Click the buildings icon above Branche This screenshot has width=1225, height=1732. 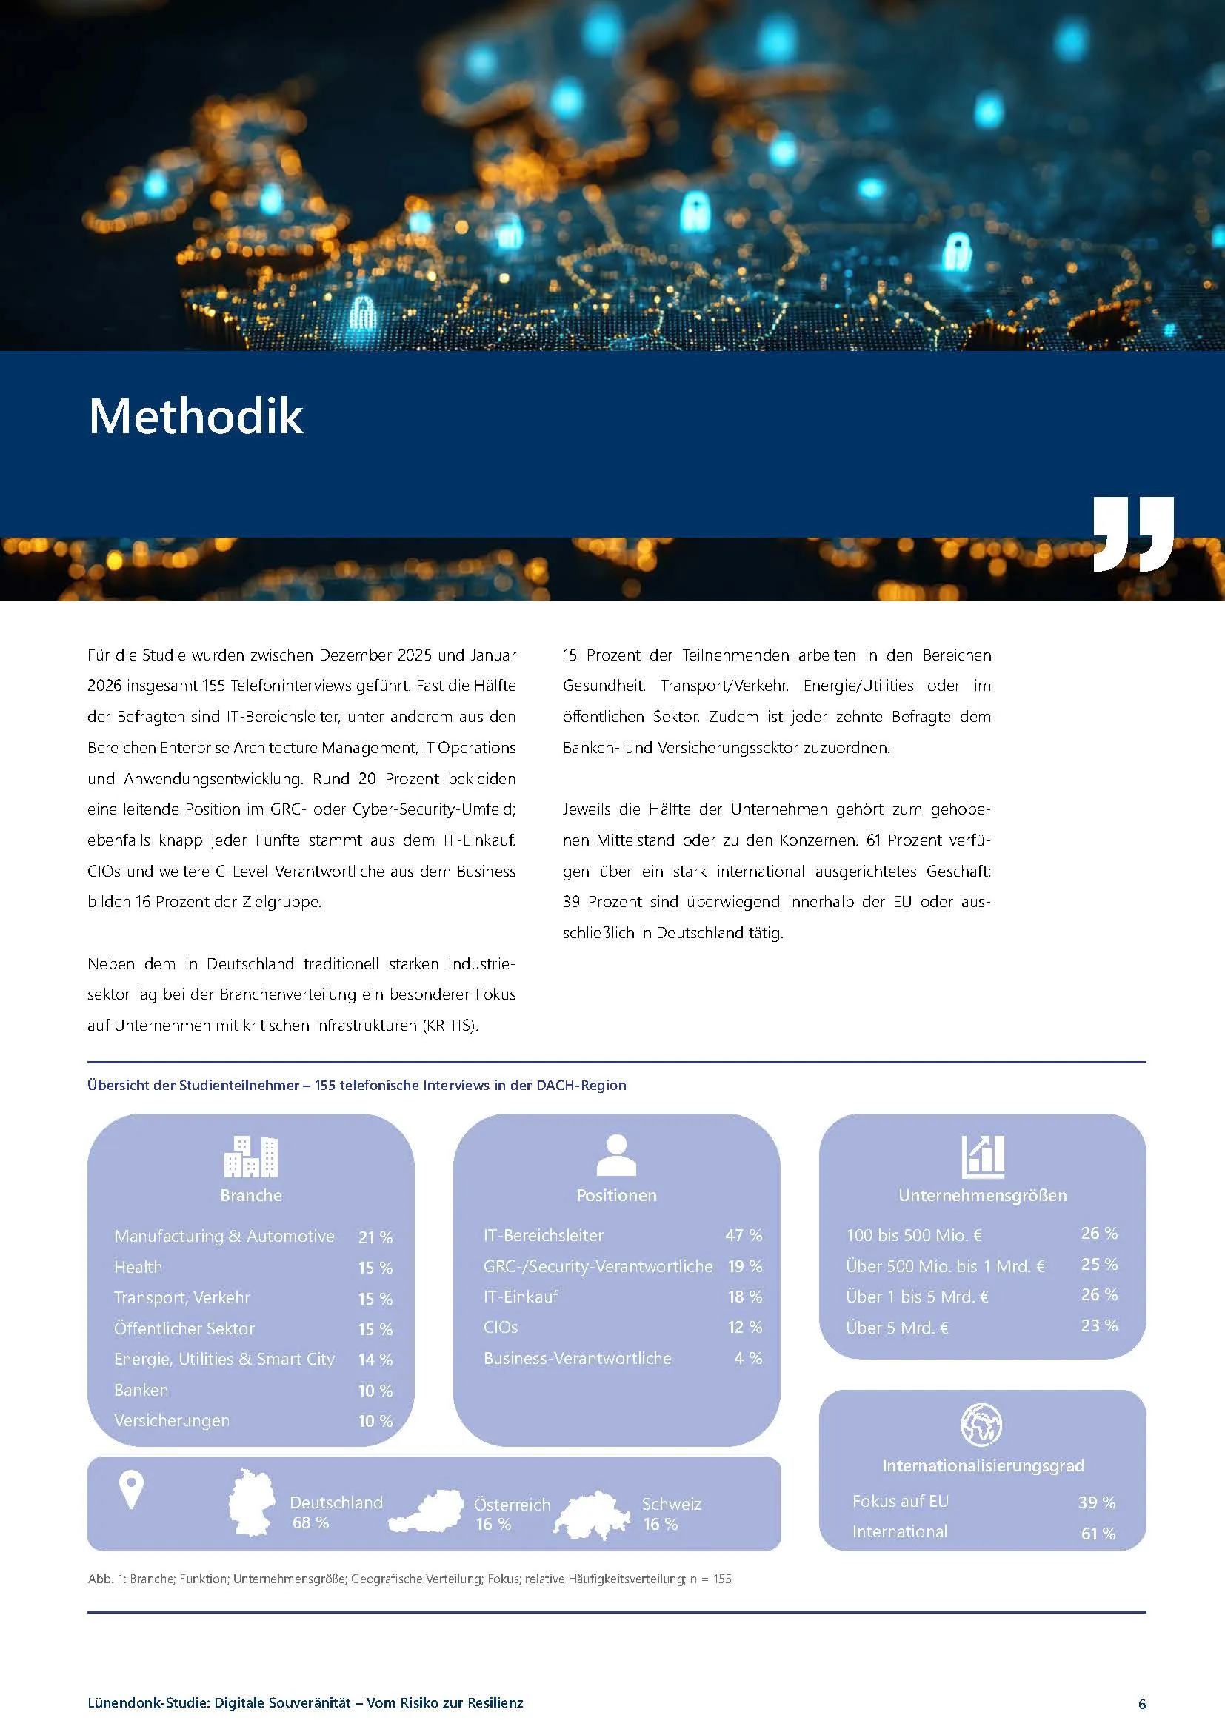click(x=251, y=1156)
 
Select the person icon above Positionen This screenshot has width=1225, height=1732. click(x=616, y=1155)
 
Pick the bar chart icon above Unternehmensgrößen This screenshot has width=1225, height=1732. click(x=983, y=1157)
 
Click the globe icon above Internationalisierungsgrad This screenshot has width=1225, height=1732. click(x=981, y=1425)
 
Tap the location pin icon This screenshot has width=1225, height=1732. click(x=131, y=1490)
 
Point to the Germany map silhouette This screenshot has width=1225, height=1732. click(x=251, y=1502)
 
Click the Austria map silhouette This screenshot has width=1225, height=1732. click(x=427, y=1511)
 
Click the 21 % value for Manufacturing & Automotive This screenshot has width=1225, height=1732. click(x=375, y=1237)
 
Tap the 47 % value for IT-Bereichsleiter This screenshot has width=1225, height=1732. click(x=744, y=1235)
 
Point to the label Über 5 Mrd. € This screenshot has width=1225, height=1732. click(x=897, y=1328)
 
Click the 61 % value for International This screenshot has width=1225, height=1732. click(x=1098, y=1534)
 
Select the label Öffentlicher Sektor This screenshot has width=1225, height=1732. click(x=184, y=1328)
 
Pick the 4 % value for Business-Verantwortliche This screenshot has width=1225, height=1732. click(x=748, y=1358)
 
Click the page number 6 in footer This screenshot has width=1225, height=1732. click(x=1142, y=1704)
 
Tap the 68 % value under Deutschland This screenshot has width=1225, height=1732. click(x=311, y=1522)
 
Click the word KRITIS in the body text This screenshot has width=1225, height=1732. click(x=450, y=1025)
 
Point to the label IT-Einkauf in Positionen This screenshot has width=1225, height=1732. click(x=521, y=1297)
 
